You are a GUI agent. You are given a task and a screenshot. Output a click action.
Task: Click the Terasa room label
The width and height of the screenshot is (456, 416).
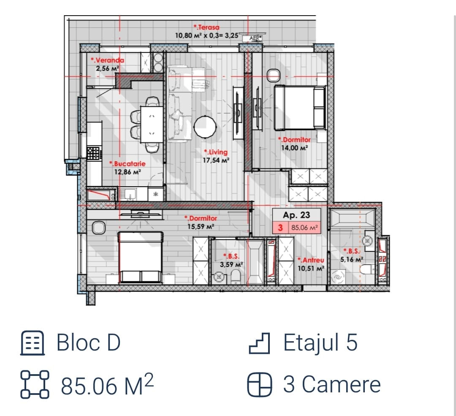click(207, 27)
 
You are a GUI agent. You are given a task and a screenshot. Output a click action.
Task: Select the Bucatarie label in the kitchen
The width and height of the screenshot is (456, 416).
click(128, 163)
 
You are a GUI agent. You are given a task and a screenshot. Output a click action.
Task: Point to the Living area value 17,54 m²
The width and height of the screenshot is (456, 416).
click(216, 160)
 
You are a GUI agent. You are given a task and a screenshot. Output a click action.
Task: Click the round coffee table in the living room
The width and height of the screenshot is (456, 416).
click(205, 127)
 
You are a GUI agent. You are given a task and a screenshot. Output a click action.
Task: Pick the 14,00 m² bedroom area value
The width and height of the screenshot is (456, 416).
click(294, 148)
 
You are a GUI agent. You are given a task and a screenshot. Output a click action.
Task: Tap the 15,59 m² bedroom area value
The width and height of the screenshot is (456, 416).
click(201, 226)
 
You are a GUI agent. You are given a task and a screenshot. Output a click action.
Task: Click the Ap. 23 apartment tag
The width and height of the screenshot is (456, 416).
click(296, 215)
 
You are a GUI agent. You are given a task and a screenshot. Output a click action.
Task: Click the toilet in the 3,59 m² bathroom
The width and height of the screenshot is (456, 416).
click(236, 277)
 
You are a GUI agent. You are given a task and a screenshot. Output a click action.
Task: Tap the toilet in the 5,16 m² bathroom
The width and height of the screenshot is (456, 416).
click(367, 269)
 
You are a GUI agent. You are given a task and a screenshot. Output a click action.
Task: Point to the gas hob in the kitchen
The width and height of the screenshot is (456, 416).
click(93, 153)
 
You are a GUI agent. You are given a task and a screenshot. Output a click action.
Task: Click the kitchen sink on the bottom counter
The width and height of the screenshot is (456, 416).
click(128, 194)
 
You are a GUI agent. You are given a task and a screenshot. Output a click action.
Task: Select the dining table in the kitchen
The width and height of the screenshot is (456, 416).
click(152, 125)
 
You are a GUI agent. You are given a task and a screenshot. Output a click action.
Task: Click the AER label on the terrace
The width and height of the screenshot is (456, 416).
click(255, 38)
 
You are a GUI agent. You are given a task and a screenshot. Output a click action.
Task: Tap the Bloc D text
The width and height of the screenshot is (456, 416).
click(88, 343)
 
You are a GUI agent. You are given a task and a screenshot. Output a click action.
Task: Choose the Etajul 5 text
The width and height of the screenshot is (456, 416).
click(320, 343)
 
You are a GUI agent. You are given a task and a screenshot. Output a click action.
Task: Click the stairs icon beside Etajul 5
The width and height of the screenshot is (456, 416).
click(259, 343)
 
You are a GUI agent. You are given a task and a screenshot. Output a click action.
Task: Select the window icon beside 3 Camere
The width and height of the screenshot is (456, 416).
click(260, 385)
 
